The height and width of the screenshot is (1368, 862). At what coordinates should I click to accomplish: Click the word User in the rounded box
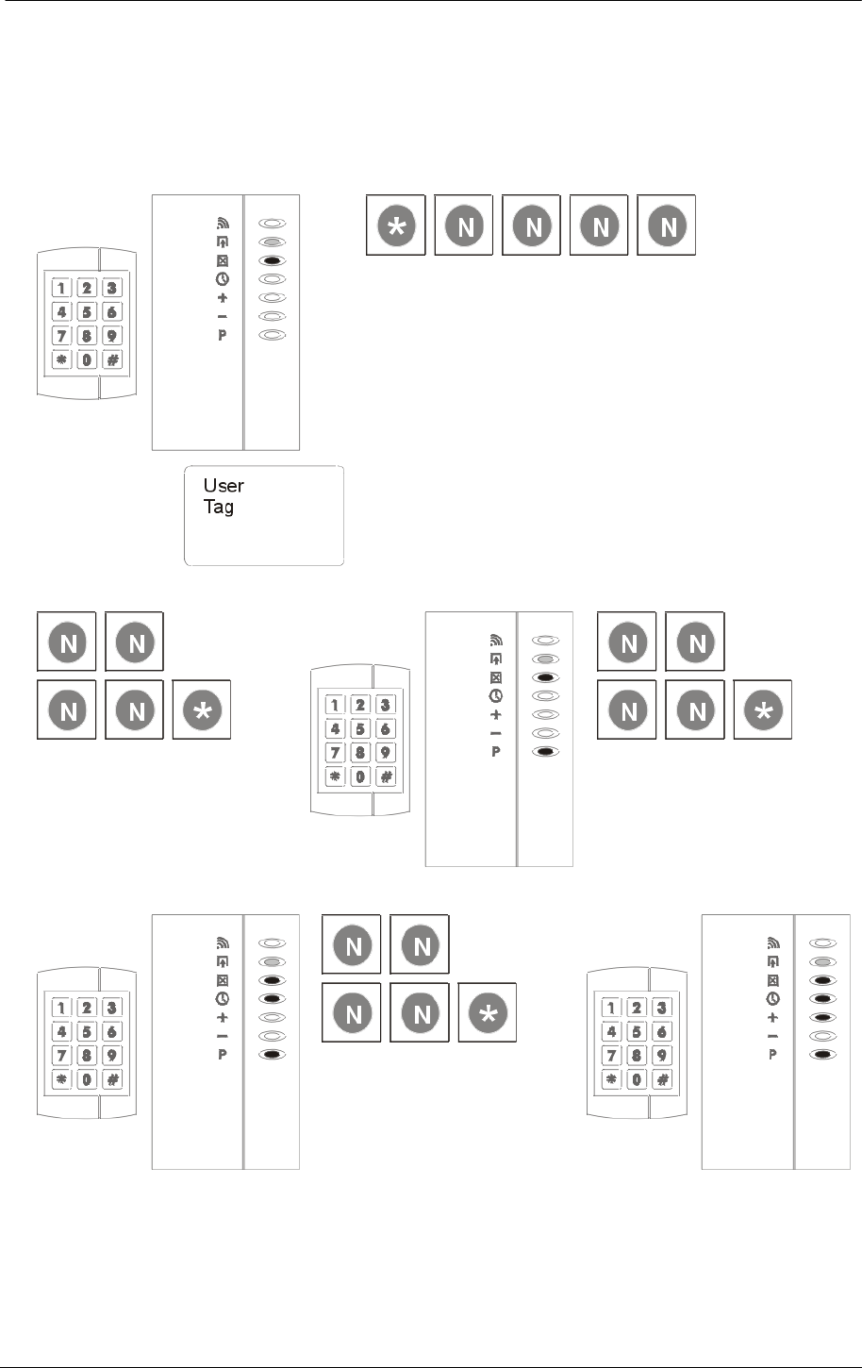(224, 486)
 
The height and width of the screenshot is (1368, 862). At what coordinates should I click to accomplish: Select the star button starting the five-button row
(396, 225)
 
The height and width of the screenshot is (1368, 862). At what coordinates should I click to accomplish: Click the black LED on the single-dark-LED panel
(272, 260)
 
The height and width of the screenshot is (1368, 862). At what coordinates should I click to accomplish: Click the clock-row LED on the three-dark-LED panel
(272, 998)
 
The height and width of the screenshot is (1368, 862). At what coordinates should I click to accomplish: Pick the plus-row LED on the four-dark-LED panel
(822, 1017)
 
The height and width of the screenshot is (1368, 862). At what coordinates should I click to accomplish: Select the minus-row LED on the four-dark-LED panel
(822, 1036)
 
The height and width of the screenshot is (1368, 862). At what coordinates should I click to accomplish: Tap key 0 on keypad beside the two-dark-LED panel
(359, 776)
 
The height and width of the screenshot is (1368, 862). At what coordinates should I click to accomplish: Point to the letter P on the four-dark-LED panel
(772, 1055)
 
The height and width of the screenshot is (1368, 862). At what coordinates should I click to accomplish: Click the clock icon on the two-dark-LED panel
(496, 696)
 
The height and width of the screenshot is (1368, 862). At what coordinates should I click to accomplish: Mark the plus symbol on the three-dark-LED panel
(223, 1017)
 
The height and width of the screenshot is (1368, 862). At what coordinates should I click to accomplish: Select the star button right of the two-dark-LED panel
(763, 709)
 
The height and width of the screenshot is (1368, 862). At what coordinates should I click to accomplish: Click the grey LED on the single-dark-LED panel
(272, 242)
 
